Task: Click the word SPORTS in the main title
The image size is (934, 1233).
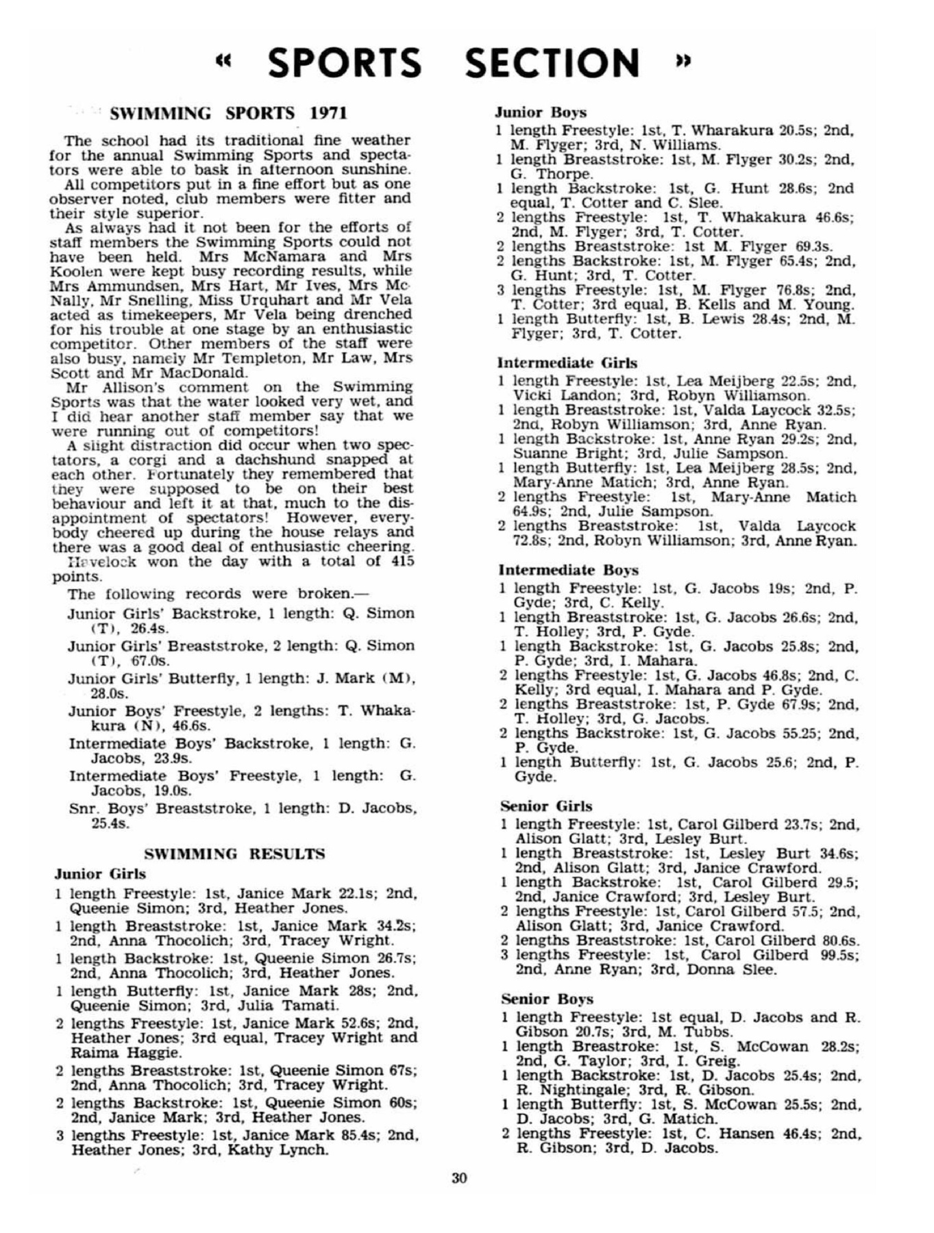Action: coord(344,63)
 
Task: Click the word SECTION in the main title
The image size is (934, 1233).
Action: coord(552,63)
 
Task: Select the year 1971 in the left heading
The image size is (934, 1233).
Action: coord(328,113)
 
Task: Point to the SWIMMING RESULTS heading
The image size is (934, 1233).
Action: coord(235,854)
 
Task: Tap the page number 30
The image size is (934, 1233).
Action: coord(459,1178)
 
